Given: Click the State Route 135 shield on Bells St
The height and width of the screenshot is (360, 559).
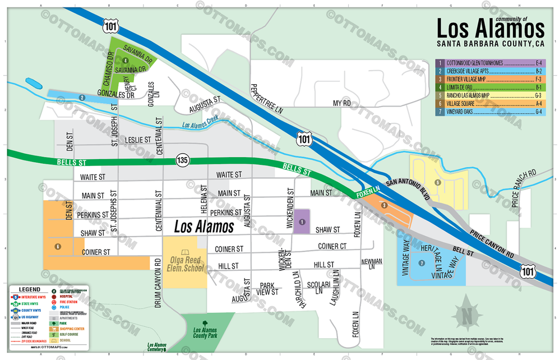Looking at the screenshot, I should (x=182, y=160).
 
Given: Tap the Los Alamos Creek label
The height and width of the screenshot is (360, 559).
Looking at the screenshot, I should (x=201, y=127).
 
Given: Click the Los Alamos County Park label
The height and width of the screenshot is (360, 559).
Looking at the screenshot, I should (x=204, y=335).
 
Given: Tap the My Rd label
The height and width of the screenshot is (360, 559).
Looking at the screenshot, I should (x=341, y=104).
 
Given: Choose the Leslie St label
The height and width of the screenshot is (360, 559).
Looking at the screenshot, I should (x=138, y=140).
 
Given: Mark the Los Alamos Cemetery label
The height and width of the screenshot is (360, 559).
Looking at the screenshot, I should (x=156, y=347).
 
